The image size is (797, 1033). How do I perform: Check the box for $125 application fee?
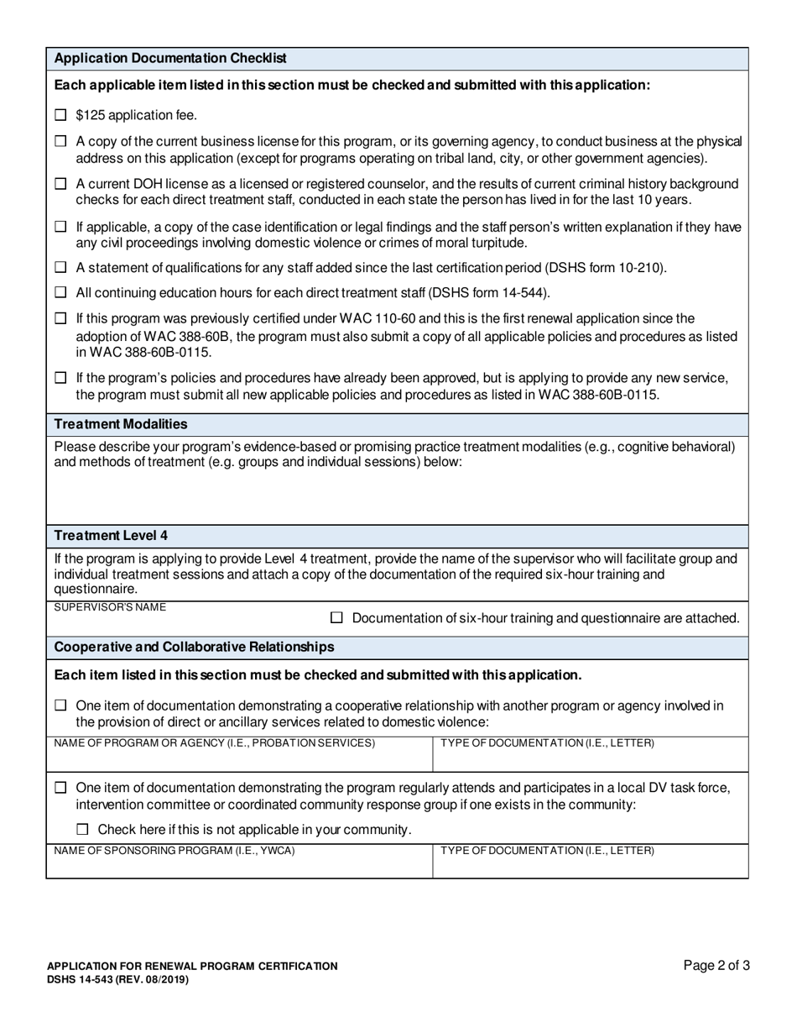click(x=60, y=115)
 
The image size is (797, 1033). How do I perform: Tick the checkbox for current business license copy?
click(x=60, y=142)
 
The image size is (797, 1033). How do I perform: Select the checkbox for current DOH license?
click(x=60, y=183)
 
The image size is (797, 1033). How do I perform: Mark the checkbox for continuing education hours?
click(x=60, y=293)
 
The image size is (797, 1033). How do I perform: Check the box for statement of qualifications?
click(x=60, y=268)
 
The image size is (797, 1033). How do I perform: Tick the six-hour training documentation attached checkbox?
click(x=337, y=618)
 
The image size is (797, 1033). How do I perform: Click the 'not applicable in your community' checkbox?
click(x=82, y=830)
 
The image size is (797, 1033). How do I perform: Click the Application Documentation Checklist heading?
click(x=170, y=59)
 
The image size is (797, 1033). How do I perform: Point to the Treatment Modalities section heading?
click(x=121, y=424)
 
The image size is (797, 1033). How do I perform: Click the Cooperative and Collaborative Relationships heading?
click(x=194, y=647)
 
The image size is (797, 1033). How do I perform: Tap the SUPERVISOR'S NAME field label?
click(x=110, y=607)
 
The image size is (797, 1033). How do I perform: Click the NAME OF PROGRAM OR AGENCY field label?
click(x=215, y=743)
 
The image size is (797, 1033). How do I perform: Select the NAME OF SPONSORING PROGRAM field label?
click(x=175, y=851)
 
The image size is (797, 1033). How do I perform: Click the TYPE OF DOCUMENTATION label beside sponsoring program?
click(x=548, y=851)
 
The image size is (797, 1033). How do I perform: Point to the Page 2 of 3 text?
click(x=716, y=966)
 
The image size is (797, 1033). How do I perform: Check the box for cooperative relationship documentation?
click(x=60, y=706)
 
